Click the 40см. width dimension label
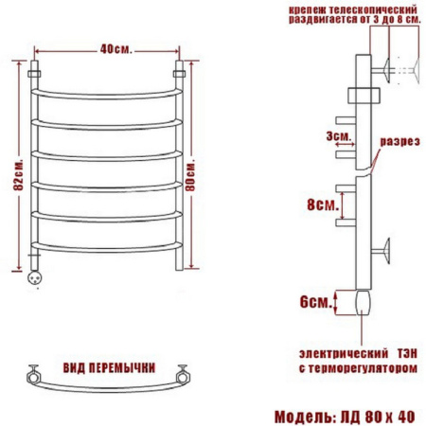pyautogui.click(x=115, y=49)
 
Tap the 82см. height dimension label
pyautogui.click(x=19, y=174)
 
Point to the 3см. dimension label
pyautogui.click(x=339, y=136)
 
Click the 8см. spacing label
pyautogui.click(x=323, y=205)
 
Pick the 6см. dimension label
pyautogui.click(x=316, y=302)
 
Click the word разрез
pyautogui.click(x=399, y=142)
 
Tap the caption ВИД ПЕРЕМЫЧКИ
pyautogui.click(x=109, y=368)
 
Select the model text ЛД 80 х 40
pyautogui.click(x=377, y=417)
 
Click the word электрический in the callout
pyautogui.click(x=344, y=353)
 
